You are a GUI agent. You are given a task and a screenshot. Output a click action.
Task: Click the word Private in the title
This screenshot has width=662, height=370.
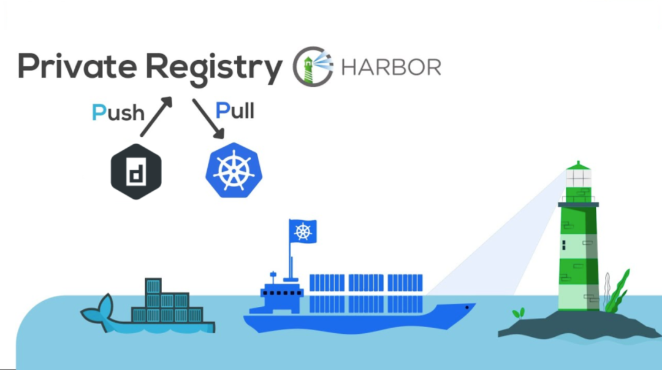77,66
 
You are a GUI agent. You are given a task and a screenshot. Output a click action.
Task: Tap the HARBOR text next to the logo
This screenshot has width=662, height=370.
391,67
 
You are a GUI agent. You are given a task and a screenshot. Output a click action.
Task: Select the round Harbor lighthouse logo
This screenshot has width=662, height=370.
313,66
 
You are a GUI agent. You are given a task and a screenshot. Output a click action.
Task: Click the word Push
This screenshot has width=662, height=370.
118,112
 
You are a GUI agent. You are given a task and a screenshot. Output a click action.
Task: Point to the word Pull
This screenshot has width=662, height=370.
235,111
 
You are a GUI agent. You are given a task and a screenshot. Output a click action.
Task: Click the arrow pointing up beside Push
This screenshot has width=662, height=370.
156,117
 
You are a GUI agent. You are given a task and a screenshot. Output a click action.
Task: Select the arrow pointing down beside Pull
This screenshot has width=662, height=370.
208,118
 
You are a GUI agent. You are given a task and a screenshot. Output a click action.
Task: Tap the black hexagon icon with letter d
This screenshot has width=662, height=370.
135,171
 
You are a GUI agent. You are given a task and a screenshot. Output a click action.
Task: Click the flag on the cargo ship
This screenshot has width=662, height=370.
303,231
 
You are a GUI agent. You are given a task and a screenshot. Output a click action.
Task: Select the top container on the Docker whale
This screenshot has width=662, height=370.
153,286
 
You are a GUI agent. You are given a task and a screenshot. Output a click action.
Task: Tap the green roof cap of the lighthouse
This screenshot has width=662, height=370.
577,165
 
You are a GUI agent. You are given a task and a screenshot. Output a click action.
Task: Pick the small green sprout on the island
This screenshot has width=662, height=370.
519,313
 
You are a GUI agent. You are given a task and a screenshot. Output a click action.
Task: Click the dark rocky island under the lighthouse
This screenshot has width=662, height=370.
570,325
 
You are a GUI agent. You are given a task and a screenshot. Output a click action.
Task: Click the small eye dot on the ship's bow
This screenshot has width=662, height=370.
468,306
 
